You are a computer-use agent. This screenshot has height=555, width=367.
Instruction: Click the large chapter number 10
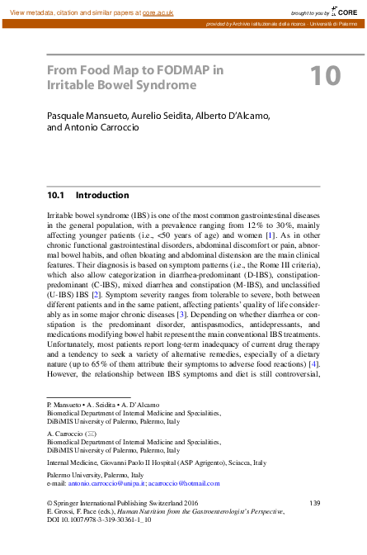pyautogui.click(x=324, y=75)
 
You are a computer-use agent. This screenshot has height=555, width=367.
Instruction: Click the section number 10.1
pyautogui.click(x=55, y=196)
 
